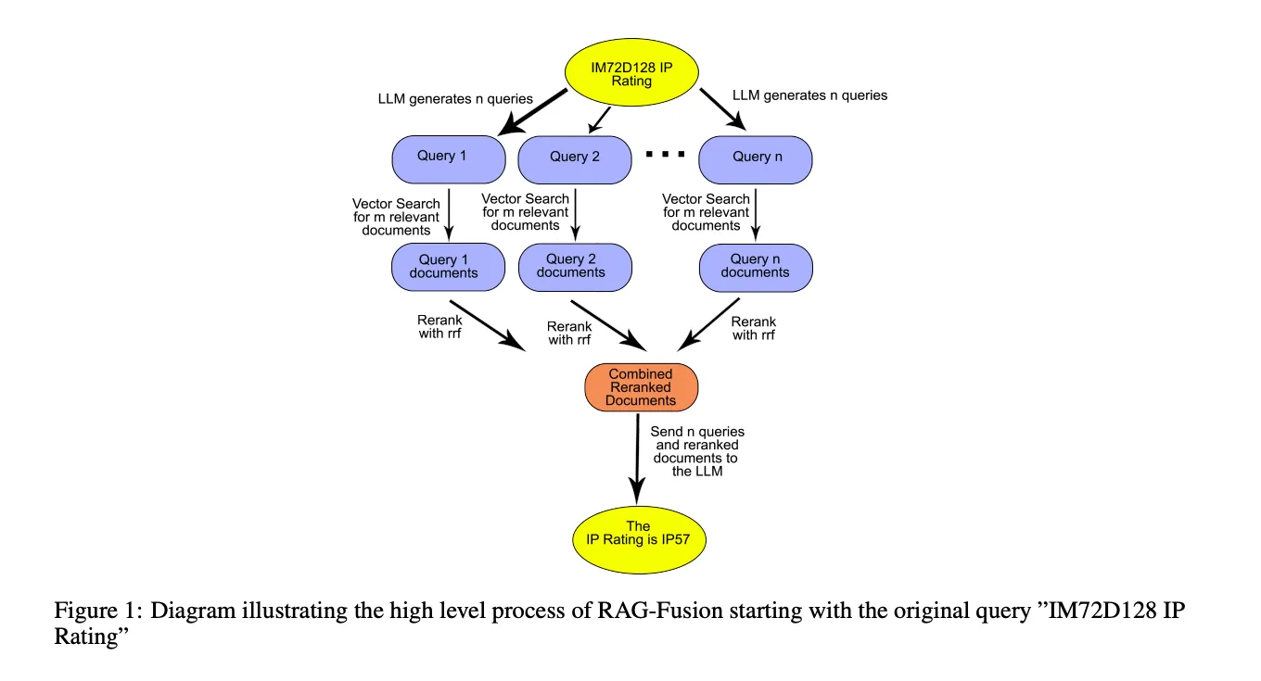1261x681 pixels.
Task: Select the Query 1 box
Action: (449, 157)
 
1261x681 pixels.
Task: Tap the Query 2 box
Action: (575, 158)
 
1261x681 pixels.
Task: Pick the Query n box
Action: (756, 158)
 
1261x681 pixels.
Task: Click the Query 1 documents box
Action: (449, 267)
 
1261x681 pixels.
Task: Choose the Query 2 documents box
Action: (575, 267)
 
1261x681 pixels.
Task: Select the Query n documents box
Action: (756, 267)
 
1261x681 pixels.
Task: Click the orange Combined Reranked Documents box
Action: (641, 387)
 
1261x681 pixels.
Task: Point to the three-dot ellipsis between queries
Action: (665, 154)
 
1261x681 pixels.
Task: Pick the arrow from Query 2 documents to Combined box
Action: (608, 323)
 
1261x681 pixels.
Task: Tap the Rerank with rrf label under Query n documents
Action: (753, 329)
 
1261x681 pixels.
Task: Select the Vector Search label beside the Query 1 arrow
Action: (396, 217)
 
